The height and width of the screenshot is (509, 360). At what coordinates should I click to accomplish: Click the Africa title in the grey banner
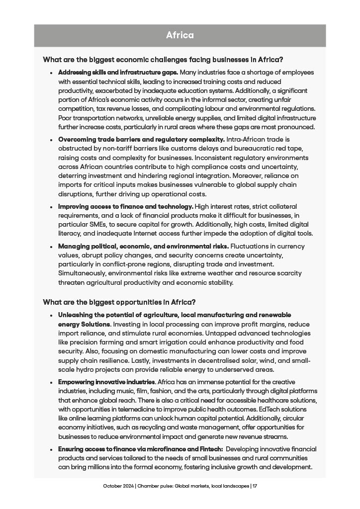point(180,35)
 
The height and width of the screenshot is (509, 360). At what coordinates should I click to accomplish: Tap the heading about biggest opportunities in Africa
point(119,302)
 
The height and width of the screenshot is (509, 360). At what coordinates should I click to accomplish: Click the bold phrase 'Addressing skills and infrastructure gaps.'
point(118,73)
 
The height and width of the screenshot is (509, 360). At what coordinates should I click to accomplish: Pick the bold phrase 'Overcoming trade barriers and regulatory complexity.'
point(142,140)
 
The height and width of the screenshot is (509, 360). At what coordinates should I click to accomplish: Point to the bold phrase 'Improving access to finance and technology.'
point(125,206)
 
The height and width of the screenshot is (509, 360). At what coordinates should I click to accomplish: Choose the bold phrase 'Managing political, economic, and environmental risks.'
point(144,247)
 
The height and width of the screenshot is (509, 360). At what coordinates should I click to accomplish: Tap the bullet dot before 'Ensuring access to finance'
point(51,449)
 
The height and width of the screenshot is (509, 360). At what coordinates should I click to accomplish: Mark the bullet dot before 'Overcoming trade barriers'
point(51,140)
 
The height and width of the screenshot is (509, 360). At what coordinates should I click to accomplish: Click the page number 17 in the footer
point(255,486)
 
